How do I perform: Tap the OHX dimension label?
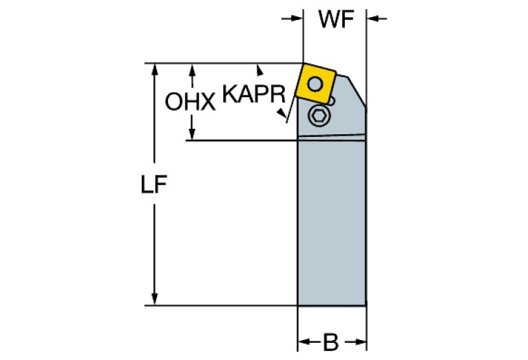[190, 103]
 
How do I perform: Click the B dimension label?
[331, 342]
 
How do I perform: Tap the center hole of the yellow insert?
[315, 84]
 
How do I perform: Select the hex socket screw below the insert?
[319, 116]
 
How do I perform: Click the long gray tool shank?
[331, 220]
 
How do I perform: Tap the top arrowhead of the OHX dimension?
[193, 70]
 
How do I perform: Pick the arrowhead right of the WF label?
[372, 18]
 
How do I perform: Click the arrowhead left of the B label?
[303, 342]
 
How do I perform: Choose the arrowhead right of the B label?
[359, 342]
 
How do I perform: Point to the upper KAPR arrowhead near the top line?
[260, 67]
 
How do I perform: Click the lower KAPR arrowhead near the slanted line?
[282, 117]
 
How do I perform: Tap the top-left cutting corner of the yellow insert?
[304, 65]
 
